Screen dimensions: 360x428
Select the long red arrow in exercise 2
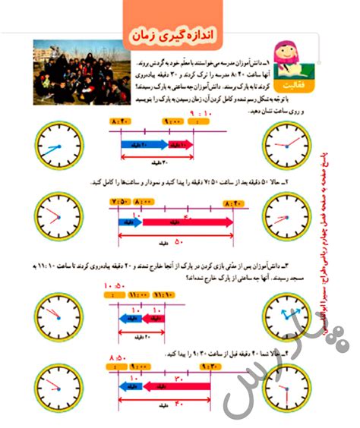pyautogui.click(x=187, y=222)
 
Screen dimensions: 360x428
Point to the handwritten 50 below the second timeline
pyautogui.click(x=178, y=241)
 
